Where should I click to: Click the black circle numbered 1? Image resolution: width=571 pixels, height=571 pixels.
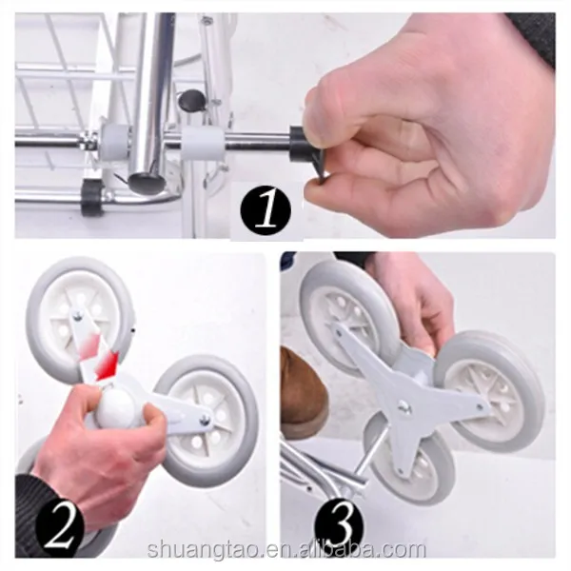[266, 210]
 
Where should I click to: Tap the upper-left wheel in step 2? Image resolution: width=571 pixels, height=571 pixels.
[79, 312]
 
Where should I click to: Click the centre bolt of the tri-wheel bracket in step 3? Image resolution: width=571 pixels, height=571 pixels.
[404, 405]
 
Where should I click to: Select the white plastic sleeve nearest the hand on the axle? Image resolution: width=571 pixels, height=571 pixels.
[203, 143]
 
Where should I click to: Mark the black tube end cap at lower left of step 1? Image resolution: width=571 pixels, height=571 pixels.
[90, 197]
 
